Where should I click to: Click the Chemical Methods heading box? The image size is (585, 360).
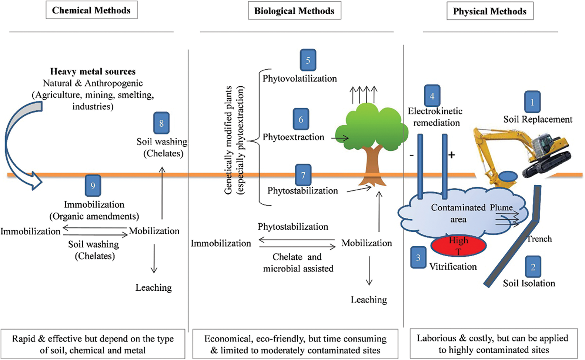tap(91, 10)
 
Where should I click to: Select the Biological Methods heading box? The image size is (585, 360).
tap(294, 11)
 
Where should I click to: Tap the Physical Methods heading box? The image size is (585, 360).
tap(490, 11)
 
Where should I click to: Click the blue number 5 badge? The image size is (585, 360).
tap(308, 60)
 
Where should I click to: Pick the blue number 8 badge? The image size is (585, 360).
tap(161, 123)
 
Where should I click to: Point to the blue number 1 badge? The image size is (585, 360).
tap(532, 102)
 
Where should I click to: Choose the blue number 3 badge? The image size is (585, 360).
tap(418, 257)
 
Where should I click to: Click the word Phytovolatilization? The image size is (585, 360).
tap(300, 79)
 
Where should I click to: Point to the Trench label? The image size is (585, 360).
tap(539, 239)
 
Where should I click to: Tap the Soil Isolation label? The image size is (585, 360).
tap(529, 283)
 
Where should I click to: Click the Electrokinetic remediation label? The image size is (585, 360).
tap(436, 117)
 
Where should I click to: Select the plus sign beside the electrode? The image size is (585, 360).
tap(451, 155)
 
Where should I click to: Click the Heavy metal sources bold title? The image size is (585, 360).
tap(93, 71)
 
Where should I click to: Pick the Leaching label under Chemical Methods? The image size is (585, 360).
tap(154, 288)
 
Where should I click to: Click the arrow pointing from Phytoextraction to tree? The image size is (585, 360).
tap(340, 138)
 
